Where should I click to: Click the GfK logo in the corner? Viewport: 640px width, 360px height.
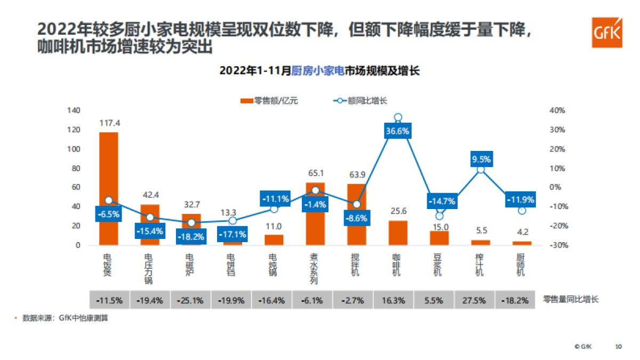coord(606,32)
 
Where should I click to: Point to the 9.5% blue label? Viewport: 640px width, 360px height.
coord(481,159)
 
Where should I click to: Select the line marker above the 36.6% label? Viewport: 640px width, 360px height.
coord(398,117)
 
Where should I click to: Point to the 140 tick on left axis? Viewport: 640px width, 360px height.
coord(74,110)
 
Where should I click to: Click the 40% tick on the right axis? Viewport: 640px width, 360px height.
coord(557,110)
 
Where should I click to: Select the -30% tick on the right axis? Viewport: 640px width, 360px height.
coord(557,245)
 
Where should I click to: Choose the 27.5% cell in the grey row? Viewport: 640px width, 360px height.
coord(475,300)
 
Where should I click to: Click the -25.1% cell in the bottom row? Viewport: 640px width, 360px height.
coord(191,300)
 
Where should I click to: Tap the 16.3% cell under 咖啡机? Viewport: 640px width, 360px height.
coord(393,300)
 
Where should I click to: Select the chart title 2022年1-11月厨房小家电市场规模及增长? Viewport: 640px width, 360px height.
coord(319,70)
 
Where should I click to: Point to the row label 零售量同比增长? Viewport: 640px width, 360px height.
coord(571,300)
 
